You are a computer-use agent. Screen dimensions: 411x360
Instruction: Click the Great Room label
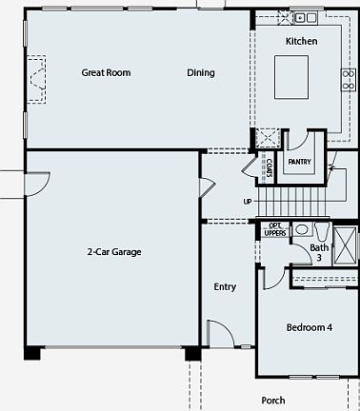point(106,72)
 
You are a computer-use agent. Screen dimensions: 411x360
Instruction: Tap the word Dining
point(201,72)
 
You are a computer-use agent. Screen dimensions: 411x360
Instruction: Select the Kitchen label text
point(302,41)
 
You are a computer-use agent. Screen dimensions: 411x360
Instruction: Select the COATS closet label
point(270,167)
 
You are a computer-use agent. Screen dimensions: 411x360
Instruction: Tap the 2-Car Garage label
point(113,252)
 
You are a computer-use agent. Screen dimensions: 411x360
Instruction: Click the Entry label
point(225,286)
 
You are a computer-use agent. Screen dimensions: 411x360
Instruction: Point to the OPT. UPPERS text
point(275,231)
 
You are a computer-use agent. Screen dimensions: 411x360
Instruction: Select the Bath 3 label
point(320,253)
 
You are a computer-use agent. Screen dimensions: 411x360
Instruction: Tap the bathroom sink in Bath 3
point(301,229)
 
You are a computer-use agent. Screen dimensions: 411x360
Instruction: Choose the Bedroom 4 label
point(310,328)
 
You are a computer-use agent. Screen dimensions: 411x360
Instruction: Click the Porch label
point(273,401)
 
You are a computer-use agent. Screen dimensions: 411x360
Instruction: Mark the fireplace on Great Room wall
point(37,77)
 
